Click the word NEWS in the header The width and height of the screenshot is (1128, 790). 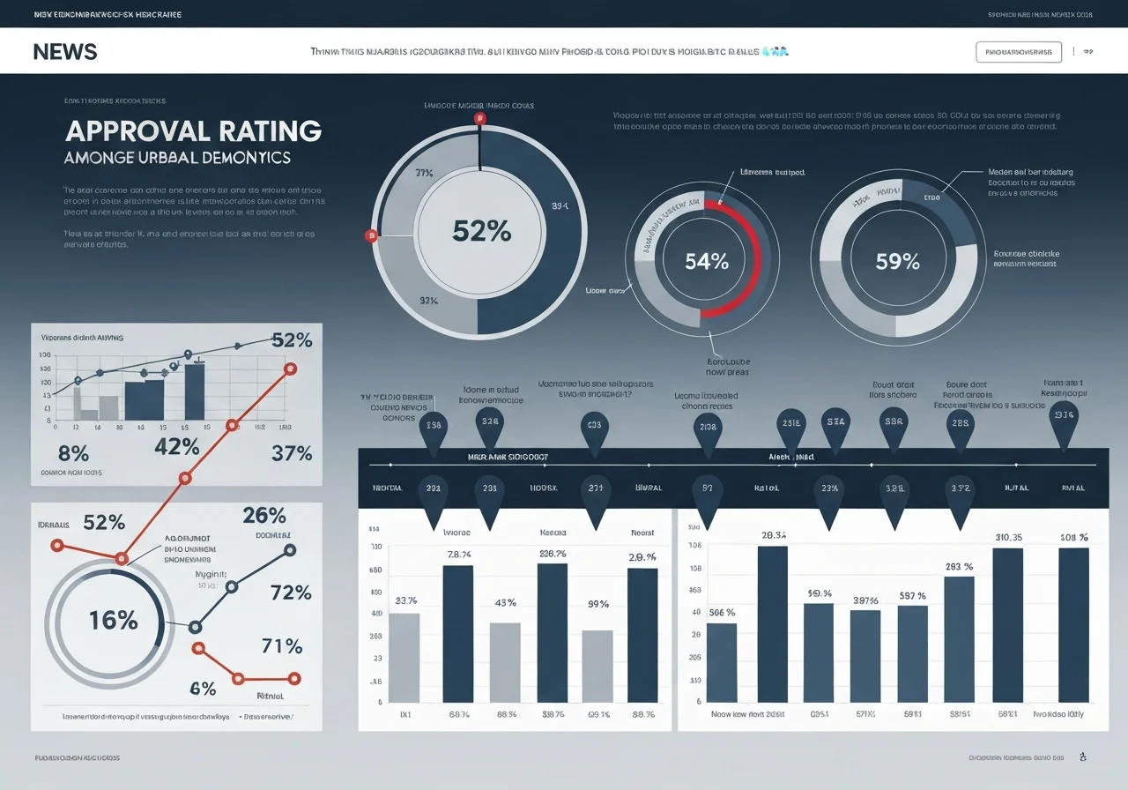coord(65,51)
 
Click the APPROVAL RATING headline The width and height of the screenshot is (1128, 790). coord(193,130)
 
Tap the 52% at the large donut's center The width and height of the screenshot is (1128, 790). coord(480,231)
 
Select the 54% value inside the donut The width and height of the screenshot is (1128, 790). coord(707,261)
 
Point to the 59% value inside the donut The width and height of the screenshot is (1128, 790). coord(897,261)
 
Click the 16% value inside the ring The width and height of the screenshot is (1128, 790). coord(114,620)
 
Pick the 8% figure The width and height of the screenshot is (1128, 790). coord(73,454)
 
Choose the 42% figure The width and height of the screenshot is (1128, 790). coord(176,447)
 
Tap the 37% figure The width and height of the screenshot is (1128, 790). coord(292,453)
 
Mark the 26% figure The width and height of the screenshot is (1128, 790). coord(264,516)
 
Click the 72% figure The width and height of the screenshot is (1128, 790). coord(292,592)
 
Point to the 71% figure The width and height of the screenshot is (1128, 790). coord(282,645)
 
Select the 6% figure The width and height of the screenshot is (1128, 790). coord(203,689)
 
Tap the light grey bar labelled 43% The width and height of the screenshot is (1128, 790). coord(505,662)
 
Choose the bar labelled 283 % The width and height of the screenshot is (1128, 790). coord(959,638)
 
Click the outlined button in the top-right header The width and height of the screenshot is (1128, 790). coord(1019,52)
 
